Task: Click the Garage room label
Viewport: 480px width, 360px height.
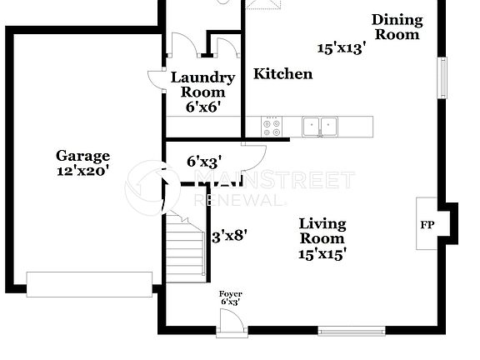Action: pyautogui.click(x=82, y=155)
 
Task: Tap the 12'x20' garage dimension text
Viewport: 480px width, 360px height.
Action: pyautogui.click(x=82, y=170)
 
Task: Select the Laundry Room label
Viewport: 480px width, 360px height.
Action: pyautogui.click(x=202, y=84)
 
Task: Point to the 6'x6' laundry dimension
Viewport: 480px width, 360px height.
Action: pyautogui.click(x=202, y=106)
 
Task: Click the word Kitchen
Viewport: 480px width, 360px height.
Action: pyautogui.click(x=283, y=74)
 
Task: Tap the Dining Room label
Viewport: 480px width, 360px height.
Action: pyautogui.click(x=397, y=27)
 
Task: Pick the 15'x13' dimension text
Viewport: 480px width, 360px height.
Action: pyautogui.click(x=342, y=48)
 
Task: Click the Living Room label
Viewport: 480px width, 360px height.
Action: pyautogui.click(x=322, y=231)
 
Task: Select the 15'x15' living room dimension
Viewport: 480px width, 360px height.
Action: pyautogui.click(x=322, y=254)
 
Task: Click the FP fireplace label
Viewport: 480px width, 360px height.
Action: pyautogui.click(x=427, y=225)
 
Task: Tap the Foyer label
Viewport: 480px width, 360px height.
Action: pyautogui.click(x=230, y=294)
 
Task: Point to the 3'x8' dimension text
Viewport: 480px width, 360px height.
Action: pyautogui.click(x=228, y=236)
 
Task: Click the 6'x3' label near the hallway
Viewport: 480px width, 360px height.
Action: pyautogui.click(x=203, y=161)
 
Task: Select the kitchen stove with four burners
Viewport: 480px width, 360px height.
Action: pyautogui.click(x=272, y=126)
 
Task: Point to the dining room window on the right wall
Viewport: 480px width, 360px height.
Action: pyautogui.click(x=444, y=77)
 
